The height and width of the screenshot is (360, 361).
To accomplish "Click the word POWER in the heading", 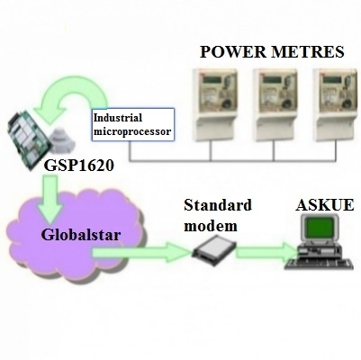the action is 233,52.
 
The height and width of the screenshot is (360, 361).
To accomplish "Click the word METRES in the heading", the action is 308,52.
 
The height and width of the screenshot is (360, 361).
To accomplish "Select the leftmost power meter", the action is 214,105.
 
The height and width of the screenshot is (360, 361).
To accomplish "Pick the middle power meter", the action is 275,105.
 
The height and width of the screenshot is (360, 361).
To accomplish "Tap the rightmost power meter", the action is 335,105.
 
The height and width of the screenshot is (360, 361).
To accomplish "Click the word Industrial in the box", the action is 118,118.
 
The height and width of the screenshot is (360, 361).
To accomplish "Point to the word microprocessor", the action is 132,131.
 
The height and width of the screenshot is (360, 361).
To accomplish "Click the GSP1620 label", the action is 79,166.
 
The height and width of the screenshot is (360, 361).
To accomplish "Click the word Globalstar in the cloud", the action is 81,235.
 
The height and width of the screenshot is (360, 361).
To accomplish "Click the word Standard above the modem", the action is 218,206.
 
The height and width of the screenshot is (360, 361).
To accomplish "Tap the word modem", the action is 211,226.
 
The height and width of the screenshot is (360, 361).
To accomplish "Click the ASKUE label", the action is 325,206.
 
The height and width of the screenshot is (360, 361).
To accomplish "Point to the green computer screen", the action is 320,227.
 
